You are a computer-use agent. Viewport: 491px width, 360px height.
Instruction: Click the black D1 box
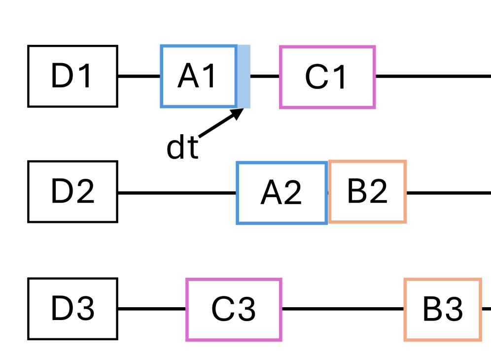point(72,76)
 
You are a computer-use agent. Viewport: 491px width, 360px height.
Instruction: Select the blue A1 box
point(198,76)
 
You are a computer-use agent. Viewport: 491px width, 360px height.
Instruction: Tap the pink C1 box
point(327,77)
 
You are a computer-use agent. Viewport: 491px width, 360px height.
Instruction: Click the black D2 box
point(72,192)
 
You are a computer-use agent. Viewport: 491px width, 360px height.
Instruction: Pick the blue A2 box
point(281,193)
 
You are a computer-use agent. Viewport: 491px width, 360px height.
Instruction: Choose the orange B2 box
point(367,192)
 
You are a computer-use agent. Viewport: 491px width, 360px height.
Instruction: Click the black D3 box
point(72,309)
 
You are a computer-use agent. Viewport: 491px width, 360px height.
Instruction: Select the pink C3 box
point(234,309)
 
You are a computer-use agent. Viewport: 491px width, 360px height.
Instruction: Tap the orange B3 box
point(443,309)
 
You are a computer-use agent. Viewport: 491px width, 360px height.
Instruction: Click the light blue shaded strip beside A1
point(244,76)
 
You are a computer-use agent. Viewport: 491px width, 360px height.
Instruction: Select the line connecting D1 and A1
point(139,76)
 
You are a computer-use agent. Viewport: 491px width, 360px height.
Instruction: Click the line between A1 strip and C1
point(265,76)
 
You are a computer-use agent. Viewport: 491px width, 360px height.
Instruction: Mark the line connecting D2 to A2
point(177,192)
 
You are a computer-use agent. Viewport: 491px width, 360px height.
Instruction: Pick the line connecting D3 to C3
point(152,309)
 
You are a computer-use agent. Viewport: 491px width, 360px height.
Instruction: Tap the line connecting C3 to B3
point(343,309)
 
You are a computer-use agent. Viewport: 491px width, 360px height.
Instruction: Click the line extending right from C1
point(433,76)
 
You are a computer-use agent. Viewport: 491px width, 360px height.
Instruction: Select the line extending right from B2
point(448,192)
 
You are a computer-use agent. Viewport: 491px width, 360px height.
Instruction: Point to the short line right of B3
point(486,309)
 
